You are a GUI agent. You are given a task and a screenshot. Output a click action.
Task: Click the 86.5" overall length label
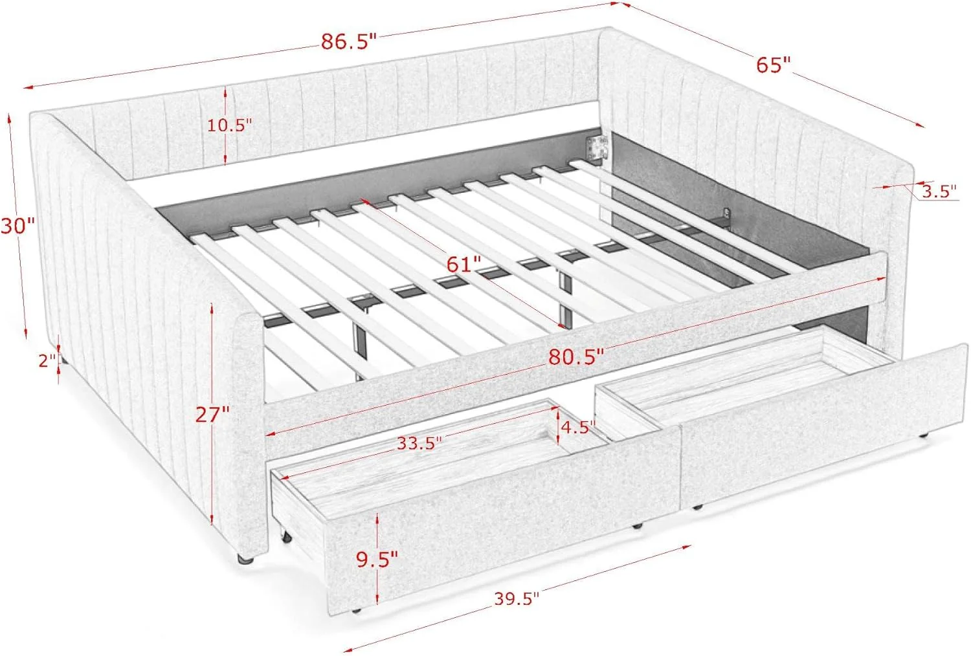pyautogui.click(x=348, y=41)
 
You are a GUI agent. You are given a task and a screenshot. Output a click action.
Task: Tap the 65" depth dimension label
pyautogui.click(x=774, y=65)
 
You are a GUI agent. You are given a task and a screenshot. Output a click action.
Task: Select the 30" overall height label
pyautogui.click(x=17, y=226)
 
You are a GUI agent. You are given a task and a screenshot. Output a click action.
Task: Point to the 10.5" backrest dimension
pyautogui.click(x=229, y=126)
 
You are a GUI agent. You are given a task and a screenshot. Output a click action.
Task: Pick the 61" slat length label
pyautogui.click(x=464, y=264)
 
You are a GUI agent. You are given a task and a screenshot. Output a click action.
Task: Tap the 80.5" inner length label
pyautogui.click(x=575, y=356)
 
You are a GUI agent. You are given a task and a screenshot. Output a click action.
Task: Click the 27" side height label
pyautogui.click(x=212, y=415)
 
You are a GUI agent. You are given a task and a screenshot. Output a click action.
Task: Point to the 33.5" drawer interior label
pyautogui.click(x=419, y=443)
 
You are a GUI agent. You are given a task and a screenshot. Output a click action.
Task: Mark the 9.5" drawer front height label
pyautogui.click(x=377, y=560)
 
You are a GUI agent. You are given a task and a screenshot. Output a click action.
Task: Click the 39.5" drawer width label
pyautogui.click(x=517, y=599)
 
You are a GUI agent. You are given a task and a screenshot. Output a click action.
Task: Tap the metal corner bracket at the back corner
pyautogui.click(x=597, y=148)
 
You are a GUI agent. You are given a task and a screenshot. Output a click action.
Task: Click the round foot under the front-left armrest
pyautogui.click(x=245, y=558)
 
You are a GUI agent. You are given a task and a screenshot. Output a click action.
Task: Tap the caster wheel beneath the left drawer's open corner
pyautogui.click(x=285, y=537)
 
